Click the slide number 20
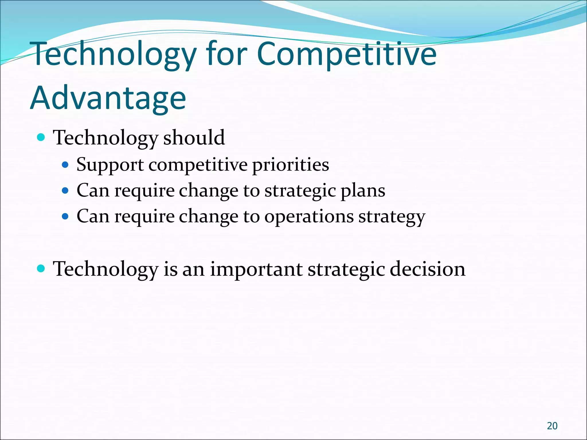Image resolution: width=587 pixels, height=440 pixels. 552,426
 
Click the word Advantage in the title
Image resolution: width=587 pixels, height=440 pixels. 108,98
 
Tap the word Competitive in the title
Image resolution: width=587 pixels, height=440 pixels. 347,54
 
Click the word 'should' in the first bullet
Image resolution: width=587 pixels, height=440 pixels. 194,138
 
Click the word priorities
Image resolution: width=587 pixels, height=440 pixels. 290,165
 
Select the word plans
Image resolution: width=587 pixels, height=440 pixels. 363,191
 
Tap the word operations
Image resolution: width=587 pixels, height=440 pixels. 309,217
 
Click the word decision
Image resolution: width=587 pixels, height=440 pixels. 427,269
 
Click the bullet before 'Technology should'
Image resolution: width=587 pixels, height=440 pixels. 41,138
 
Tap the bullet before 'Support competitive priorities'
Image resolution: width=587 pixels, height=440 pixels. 65,165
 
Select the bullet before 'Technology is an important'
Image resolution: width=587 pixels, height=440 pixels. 41,269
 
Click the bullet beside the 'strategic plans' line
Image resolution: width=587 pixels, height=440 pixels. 65,190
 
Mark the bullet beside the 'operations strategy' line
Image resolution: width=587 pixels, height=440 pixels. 65,216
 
